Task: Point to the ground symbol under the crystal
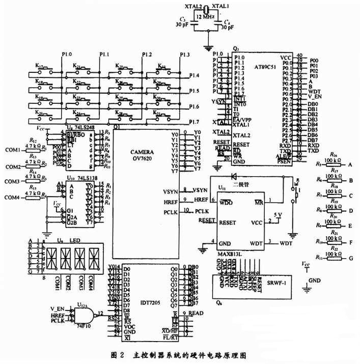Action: (x=207, y=48)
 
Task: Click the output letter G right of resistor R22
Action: (x=350, y=259)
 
